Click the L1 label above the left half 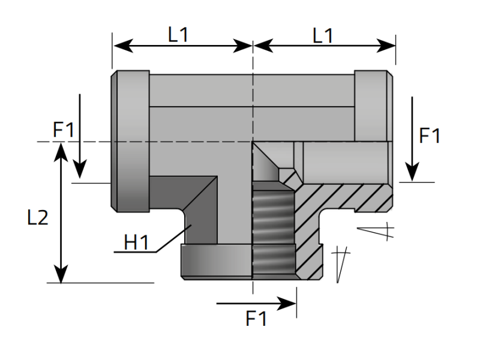(178, 35)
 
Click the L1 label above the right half (323, 35)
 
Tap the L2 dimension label (38, 217)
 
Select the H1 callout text (136, 242)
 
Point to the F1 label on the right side (429, 136)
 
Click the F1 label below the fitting (256, 319)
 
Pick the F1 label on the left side (64, 129)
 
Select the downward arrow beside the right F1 (412, 138)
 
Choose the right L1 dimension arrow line (324, 46)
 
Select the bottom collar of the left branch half (216, 262)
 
